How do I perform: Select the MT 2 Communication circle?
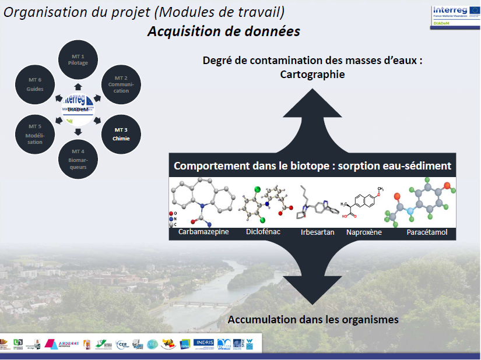(121, 84)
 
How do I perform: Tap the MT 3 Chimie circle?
(121, 133)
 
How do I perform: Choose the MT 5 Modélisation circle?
(35, 133)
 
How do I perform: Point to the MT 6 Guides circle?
(35, 84)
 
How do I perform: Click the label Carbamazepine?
(203, 232)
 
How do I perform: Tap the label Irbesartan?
(317, 232)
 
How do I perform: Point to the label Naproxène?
(364, 232)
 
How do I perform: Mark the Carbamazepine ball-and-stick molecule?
(202, 202)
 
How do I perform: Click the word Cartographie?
(312, 74)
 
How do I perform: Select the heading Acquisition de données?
(223, 31)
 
